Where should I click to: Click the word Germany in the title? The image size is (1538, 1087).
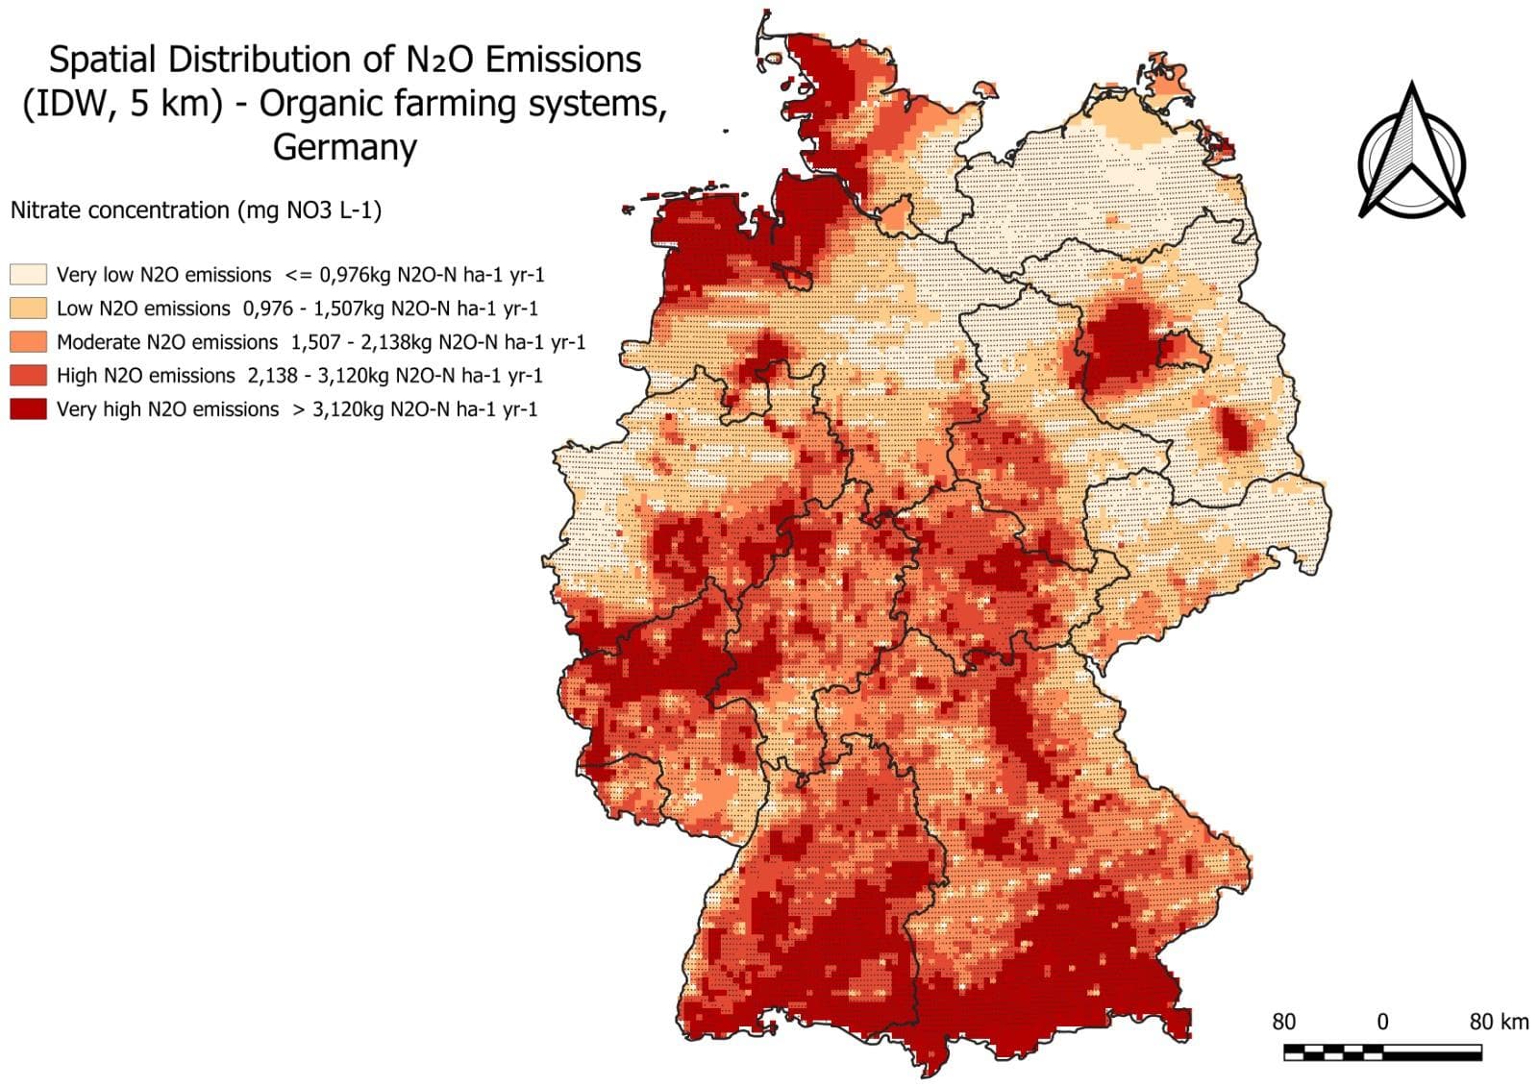[344, 147]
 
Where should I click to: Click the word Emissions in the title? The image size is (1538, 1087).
[562, 60]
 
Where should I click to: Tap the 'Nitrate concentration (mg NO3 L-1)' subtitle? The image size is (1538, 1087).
[195, 210]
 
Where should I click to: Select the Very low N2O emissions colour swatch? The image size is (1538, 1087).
[28, 274]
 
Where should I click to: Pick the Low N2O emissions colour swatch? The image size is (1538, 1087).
[28, 308]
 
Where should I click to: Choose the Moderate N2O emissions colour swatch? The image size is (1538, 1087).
[28, 341]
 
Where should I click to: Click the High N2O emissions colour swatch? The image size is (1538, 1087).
[28, 375]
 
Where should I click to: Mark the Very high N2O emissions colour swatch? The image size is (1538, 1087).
[28, 408]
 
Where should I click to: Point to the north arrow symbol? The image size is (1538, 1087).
[1411, 154]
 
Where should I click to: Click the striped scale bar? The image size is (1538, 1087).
[1381, 1051]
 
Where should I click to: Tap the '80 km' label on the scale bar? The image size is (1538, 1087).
[1498, 1021]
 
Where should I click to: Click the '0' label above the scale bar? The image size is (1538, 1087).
[1382, 1021]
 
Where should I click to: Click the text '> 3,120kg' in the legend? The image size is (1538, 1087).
[335, 408]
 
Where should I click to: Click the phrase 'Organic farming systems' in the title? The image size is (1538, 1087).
[461, 103]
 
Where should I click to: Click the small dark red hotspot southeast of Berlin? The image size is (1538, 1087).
[1234, 430]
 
